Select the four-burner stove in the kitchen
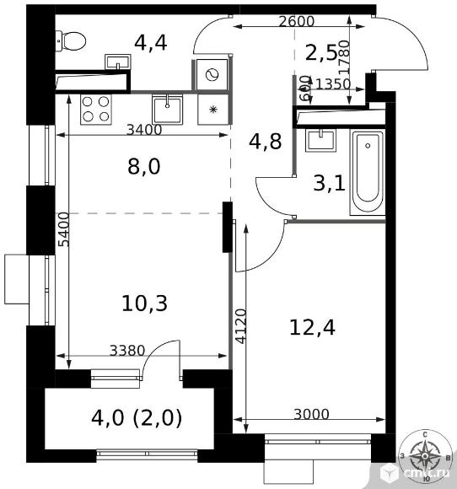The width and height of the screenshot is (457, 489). [x=95, y=109]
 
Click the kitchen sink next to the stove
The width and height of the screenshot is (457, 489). [x=169, y=108]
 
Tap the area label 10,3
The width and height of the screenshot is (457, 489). [x=143, y=303]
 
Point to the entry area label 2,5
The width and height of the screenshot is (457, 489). [x=321, y=53]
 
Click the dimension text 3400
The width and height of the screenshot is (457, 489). [x=143, y=130]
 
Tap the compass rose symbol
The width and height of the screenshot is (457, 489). [x=426, y=458]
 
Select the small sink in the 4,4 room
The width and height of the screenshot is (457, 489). [x=117, y=63]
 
